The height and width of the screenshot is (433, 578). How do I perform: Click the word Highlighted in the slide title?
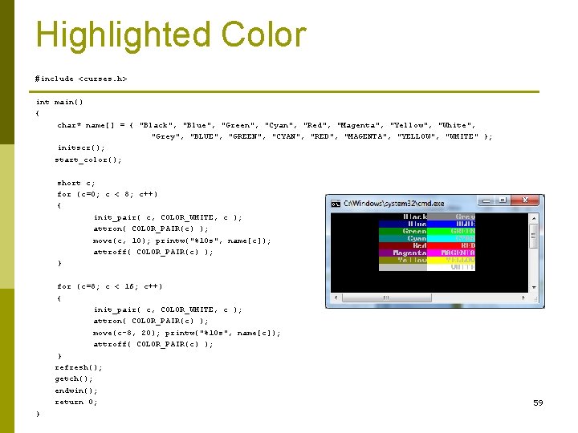[x=123, y=36]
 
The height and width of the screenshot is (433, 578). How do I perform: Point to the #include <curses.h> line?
[x=81, y=79]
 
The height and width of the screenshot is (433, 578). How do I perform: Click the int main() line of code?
[x=59, y=102]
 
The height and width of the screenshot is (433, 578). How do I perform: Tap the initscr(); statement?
[x=80, y=148]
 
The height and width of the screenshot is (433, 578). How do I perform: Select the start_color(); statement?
[x=88, y=160]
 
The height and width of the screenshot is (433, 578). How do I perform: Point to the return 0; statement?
[x=76, y=402]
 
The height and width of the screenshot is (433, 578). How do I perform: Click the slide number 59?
[x=538, y=403]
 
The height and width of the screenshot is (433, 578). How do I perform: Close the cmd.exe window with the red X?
[x=527, y=200]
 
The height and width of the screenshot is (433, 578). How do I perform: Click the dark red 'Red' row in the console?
[x=403, y=245]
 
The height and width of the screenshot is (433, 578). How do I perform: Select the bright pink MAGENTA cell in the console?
[x=451, y=253]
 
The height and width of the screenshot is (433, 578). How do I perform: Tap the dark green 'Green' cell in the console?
[x=403, y=231]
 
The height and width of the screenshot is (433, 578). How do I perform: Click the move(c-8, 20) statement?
[x=186, y=333]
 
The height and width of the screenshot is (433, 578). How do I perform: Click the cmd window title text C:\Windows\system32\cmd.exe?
[x=382, y=204]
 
